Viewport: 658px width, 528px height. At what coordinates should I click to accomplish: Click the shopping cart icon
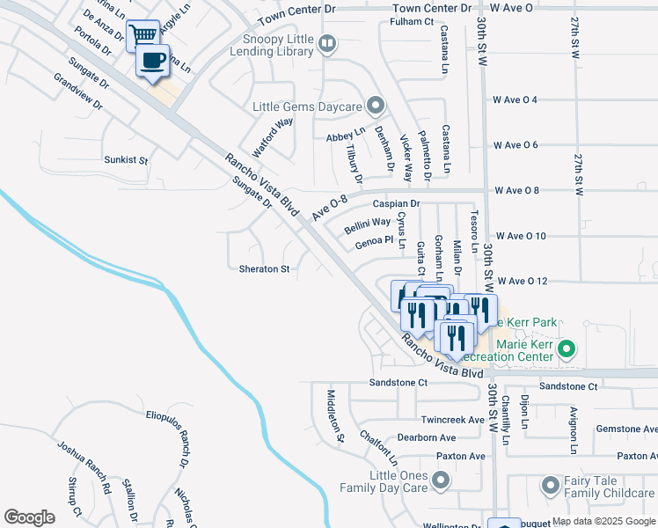(143, 36)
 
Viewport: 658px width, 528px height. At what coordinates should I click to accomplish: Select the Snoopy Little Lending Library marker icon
(327, 42)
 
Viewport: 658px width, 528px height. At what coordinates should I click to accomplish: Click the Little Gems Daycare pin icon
(376, 106)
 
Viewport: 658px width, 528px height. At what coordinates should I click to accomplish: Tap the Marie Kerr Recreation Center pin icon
(567, 349)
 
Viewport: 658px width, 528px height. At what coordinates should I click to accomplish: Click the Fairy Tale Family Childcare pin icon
(551, 485)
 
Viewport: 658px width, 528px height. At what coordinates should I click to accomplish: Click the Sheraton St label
(264, 268)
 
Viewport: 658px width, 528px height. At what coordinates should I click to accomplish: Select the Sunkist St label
(126, 162)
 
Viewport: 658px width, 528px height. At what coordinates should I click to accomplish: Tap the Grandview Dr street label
(78, 91)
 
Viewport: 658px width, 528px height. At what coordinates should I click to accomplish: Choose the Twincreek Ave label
(453, 421)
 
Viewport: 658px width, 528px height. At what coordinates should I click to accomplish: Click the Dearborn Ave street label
(426, 437)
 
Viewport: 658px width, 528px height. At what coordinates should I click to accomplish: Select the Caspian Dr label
(396, 203)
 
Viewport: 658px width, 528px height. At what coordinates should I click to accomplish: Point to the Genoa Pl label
(373, 239)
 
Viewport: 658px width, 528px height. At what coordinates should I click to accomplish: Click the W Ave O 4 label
(528, 99)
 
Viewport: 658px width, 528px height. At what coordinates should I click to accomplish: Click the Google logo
(30, 517)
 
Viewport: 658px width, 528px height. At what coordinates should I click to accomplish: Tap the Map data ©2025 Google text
(603, 521)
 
